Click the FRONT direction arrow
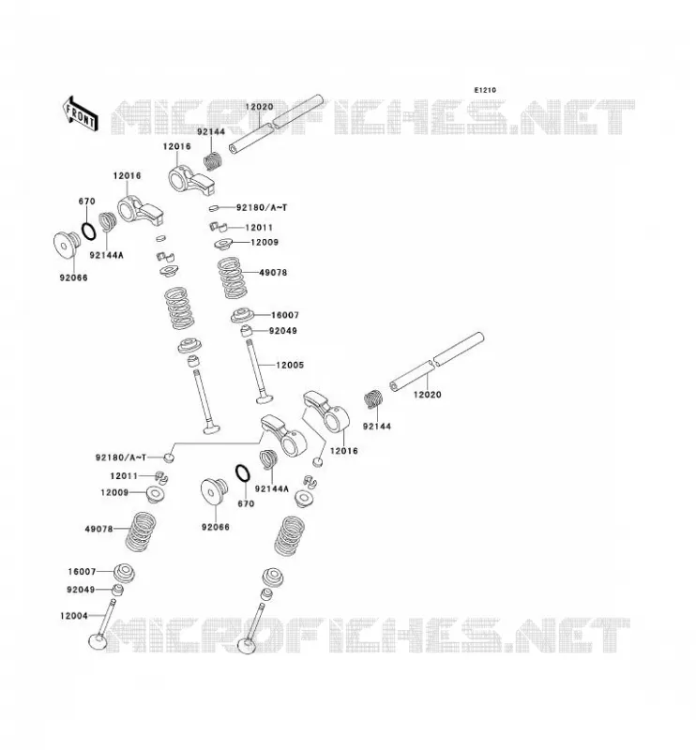(x=80, y=113)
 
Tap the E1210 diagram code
(x=485, y=90)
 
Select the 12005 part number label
(x=290, y=365)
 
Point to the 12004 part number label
(x=74, y=616)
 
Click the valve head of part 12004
(x=98, y=642)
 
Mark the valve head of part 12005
(x=265, y=397)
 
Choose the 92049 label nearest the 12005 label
(x=283, y=331)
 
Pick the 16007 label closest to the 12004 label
(x=82, y=572)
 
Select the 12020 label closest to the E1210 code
(x=259, y=107)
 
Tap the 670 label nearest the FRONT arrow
(x=86, y=202)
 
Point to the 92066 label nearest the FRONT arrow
(x=73, y=277)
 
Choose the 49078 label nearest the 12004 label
(x=98, y=529)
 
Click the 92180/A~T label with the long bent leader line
(x=121, y=457)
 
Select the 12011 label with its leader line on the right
(x=124, y=476)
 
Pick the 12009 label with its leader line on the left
(x=265, y=242)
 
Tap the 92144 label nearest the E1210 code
(x=211, y=132)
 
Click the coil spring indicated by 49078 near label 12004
(x=141, y=532)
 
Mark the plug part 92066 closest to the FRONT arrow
(x=67, y=245)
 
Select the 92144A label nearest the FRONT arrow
(x=106, y=255)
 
